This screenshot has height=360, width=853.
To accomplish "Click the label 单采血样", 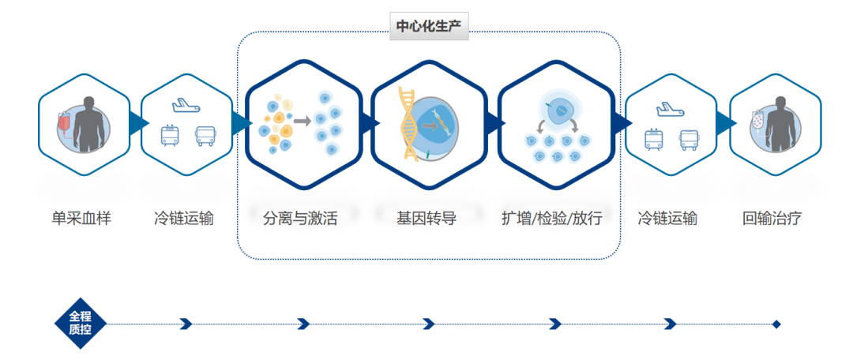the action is tap(81, 219).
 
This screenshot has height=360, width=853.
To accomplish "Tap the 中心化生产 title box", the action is tap(429, 27).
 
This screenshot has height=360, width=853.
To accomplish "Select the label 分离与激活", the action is tap(300, 219).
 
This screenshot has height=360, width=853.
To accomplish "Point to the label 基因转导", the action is tap(426, 219).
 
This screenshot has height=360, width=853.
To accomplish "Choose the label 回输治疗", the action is tap(772, 219).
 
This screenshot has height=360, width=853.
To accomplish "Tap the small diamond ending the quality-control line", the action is tap(776, 324).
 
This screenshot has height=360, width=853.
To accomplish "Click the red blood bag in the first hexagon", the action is tap(64, 124).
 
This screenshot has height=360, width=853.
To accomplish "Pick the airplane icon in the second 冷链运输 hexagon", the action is tap(670, 109).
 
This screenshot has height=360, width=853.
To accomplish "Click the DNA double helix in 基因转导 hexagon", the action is tap(411, 124).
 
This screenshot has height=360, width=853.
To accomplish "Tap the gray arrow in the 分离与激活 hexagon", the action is tap(302, 121).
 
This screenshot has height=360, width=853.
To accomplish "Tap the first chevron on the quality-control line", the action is tap(186, 324).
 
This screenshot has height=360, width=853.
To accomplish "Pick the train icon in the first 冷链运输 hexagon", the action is tap(169, 136).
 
